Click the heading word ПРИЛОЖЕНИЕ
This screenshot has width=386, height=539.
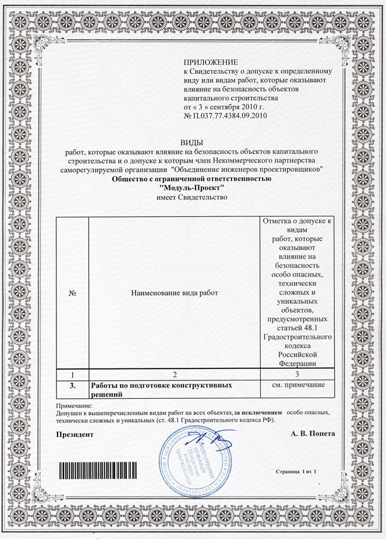coord(211,62)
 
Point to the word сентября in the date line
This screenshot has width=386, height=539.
coord(235,106)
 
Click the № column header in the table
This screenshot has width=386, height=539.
coord(71,293)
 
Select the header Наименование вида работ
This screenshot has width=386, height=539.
coord(174,293)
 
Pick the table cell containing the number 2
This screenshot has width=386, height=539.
coord(174,376)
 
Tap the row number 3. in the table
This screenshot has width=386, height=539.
coord(71,386)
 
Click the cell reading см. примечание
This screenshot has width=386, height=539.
coord(296,386)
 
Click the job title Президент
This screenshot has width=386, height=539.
coord(75,434)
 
